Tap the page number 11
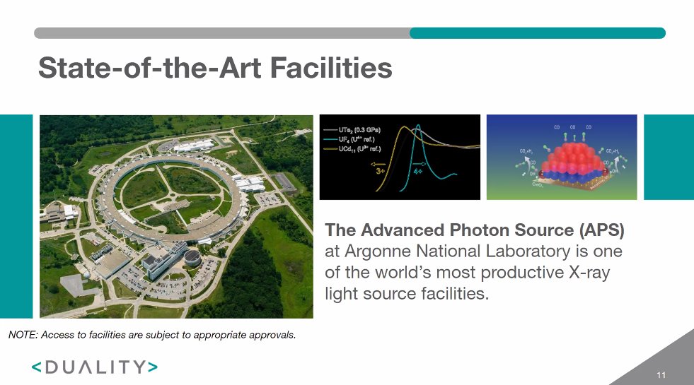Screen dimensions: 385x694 pos(661,374)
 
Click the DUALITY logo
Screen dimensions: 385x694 pos(94,367)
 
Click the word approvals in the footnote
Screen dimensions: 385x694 pos(272,334)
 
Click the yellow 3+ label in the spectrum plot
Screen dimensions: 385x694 pos(381,170)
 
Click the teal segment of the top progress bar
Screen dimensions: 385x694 pos(537,32)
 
